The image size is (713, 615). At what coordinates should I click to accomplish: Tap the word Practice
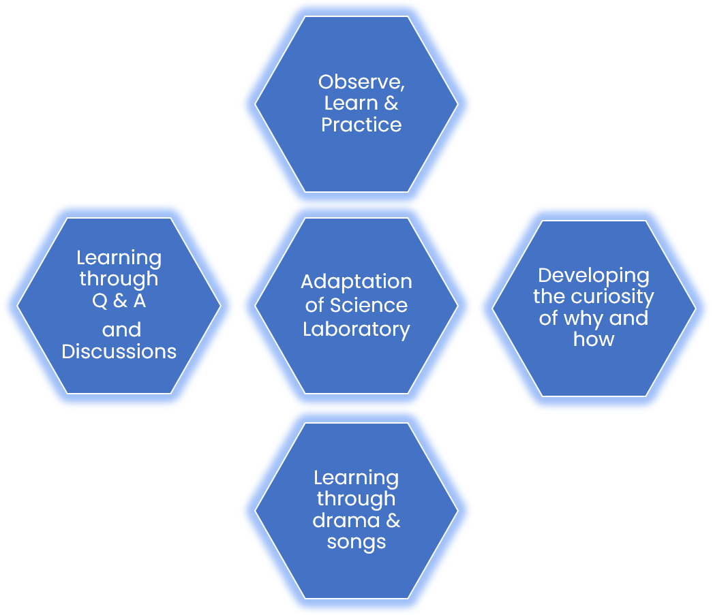[x=361, y=125]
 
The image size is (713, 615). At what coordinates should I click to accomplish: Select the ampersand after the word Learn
[x=391, y=104]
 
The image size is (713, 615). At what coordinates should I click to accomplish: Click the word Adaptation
[x=356, y=282]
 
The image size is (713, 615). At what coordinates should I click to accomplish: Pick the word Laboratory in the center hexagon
[x=356, y=329]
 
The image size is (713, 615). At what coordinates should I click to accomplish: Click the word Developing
[x=594, y=276]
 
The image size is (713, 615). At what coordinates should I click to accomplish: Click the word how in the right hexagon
[x=594, y=339]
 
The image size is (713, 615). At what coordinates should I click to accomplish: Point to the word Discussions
[x=119, y=351]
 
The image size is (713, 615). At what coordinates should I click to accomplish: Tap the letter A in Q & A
[x=139, y=300]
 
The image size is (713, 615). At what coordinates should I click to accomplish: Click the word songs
[x=356, y=542]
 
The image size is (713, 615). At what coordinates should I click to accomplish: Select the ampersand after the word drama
[x=393, y=521]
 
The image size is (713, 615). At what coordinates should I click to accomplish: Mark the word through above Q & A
[x=119, y=279]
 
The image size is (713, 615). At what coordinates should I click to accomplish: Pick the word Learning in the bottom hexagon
[x=356, y=478]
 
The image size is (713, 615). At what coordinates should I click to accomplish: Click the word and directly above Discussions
[x=121, y=330]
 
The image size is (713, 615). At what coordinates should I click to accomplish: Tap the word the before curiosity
[x=549, y=297]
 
